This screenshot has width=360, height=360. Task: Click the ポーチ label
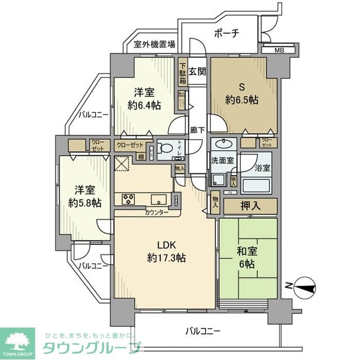[x=227, y=33]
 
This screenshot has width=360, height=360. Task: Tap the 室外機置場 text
[x=154, y=44]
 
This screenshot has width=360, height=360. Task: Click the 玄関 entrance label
[x=197, y=71]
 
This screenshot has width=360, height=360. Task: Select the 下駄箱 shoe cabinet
[x=183, y=72]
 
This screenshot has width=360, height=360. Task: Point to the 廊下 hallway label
[x=196, y=127]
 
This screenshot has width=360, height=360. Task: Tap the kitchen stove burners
[x=126, y=198]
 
